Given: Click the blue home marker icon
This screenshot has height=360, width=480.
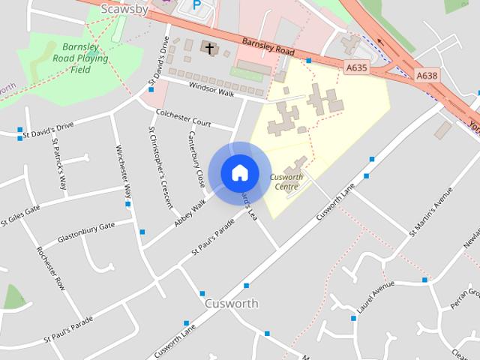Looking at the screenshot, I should (x=239, y=172).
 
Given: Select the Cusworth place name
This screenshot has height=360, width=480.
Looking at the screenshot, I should (x=231, y=304).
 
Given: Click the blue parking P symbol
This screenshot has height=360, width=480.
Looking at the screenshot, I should (x=197, y=5).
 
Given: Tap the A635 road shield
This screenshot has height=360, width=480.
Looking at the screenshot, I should (x=357, y=67).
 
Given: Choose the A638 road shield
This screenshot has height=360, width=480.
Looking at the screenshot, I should (x=426, y=74).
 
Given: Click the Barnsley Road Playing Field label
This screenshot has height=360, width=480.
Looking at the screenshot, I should (x=80, y=58).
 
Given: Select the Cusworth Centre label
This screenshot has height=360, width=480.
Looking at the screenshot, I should (x=286, y=181).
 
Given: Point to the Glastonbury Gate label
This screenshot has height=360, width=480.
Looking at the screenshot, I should (x=86, y=232).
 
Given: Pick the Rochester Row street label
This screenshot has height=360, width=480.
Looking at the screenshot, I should (x=50, y=267).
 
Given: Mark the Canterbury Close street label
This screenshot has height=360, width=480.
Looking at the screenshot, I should (x=196, y=157).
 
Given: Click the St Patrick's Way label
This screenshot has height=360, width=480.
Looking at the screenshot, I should (x=59, y=162).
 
